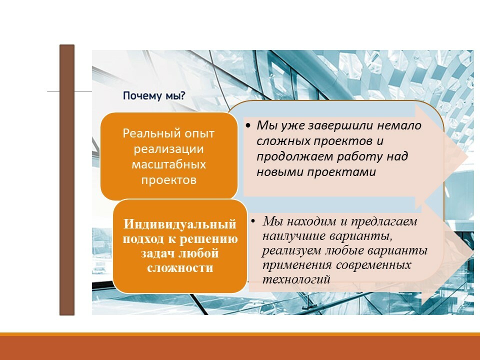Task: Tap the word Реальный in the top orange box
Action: point(145,133)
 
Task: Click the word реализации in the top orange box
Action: point(169,149)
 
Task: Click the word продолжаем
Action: point(294,156)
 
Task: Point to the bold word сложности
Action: point(180,268)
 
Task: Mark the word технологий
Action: point(296,279)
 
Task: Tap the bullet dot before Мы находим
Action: point(253,221)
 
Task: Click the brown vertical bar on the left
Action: point(67,180)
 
